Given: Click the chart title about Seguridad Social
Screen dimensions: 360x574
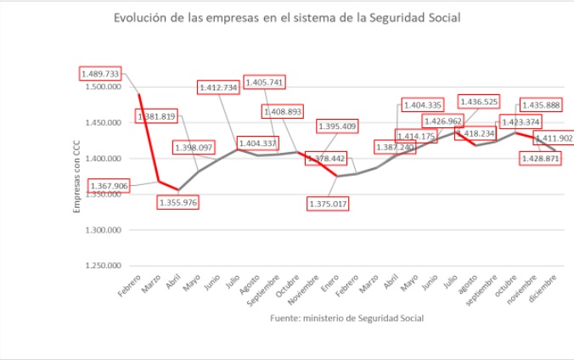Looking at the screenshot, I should coord(287,18).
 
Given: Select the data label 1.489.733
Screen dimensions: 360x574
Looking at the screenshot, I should coord(100,74).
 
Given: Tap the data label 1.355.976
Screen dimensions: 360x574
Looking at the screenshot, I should coord(178,202).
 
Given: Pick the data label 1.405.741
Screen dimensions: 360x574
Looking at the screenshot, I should coord(263,82).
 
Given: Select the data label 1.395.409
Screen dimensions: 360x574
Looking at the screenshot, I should coord(337,127).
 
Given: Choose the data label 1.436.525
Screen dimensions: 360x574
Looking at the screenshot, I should coord(478,102).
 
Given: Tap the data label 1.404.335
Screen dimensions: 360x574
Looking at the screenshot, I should coord(422,104).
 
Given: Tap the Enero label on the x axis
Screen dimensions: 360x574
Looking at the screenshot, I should coord(330,284).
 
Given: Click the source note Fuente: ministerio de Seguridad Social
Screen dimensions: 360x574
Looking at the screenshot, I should coord(346,318).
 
